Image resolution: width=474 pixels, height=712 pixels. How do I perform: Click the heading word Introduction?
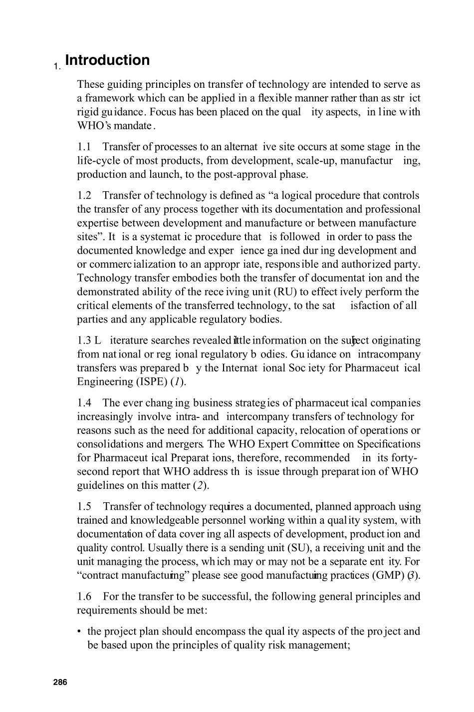[107, 60]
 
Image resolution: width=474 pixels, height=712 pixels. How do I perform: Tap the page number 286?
[60, 682]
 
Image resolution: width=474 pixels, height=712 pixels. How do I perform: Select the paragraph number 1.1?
[84, 147]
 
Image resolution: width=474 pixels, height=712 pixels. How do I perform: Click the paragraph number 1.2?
[84, 196]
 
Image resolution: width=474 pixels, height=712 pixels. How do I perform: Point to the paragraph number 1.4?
[84, 403]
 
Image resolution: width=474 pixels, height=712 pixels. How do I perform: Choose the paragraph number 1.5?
[84, 507]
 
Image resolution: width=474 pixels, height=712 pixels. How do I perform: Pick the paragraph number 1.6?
[84, 597]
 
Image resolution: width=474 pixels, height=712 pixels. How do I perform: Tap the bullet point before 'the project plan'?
[79, 632]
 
